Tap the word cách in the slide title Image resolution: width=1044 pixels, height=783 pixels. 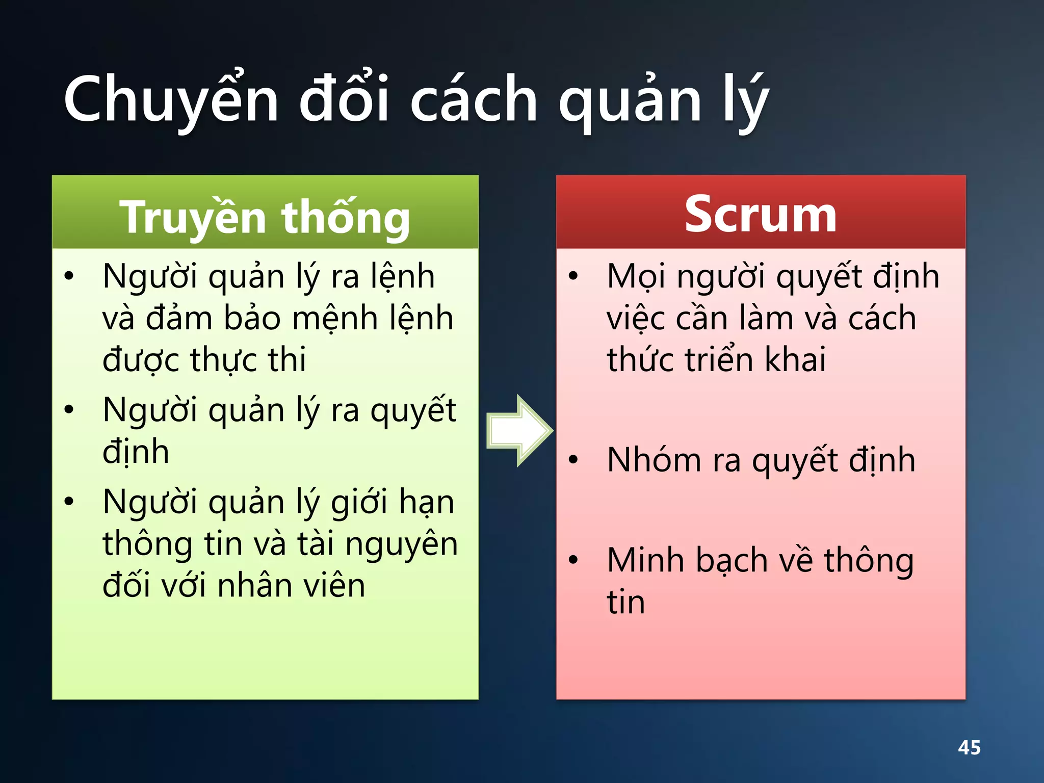tap(474, 99)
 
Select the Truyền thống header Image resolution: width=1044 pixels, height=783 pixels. tap(265, 217)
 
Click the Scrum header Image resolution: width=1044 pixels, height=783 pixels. tap(760, 215)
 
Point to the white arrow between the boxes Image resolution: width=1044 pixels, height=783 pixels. tap(519, 431)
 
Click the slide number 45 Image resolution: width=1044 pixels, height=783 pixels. tap(969, 747)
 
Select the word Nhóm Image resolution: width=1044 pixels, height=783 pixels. tap(654, 460)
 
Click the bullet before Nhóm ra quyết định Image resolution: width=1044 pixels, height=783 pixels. tap(573, 460)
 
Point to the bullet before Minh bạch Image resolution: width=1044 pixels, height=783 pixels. tap(573, 560)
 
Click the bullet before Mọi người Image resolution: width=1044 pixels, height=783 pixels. tap(573, 276)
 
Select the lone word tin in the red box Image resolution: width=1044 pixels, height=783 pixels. tap(625, 602)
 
